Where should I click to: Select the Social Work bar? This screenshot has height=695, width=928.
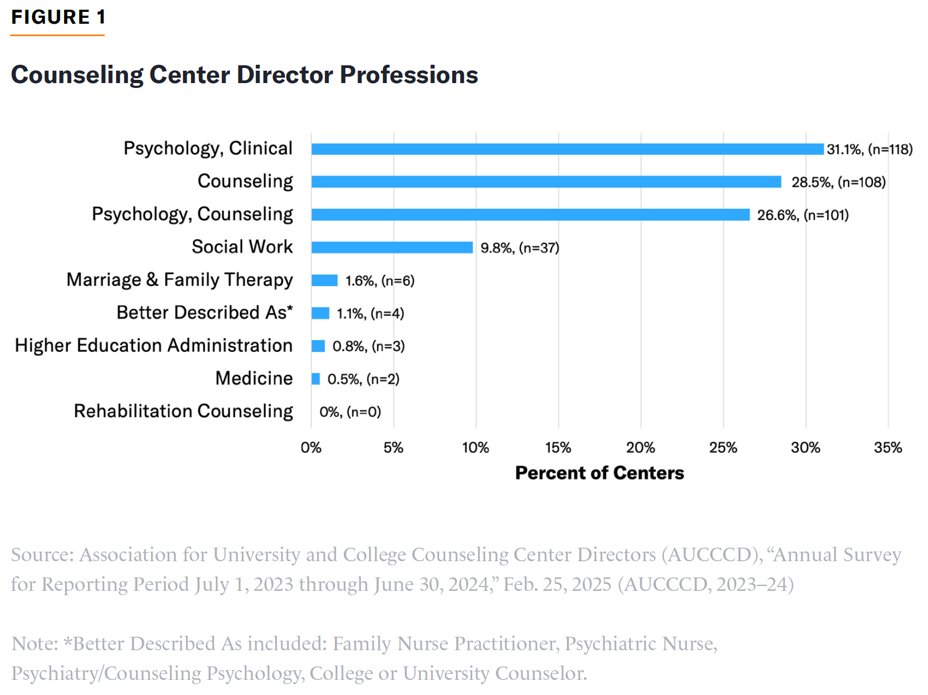(392, 247)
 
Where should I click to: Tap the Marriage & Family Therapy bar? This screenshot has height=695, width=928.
(324, 280)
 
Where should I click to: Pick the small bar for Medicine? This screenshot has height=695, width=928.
(316, 379)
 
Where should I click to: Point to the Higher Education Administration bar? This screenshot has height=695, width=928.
(318, 346)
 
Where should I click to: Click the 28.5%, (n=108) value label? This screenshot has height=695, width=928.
(838, 182)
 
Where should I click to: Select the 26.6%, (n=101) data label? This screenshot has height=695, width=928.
(803, 215)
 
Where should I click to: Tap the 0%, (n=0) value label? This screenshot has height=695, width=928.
(350, 412)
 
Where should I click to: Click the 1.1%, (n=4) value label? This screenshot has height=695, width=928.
(370, 314)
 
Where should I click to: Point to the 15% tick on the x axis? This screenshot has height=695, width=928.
(558, 448)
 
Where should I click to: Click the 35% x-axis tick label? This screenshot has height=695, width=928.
(888, 448)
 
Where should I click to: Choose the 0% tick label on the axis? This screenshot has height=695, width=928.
(311, 448)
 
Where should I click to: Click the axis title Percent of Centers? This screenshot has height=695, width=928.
(599, 473)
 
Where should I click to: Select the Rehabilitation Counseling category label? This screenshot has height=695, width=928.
(183, 411)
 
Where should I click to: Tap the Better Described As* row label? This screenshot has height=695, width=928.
(204, 312)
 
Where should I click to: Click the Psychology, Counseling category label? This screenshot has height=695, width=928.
(192, 214)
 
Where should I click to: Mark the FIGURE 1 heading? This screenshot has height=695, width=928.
(58, 17)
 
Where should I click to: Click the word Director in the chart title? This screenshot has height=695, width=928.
(284, 74)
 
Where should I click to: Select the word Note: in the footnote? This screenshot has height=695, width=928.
(35, 644)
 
